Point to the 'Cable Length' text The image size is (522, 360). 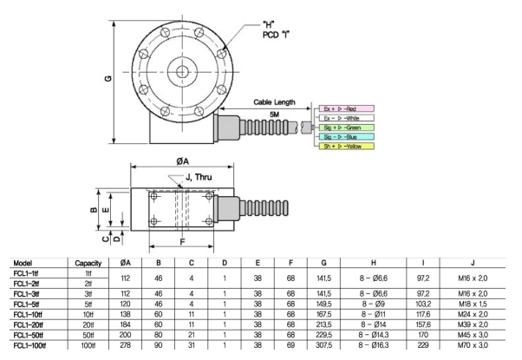coord(275,101)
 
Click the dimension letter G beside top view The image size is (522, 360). coord(107,81)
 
